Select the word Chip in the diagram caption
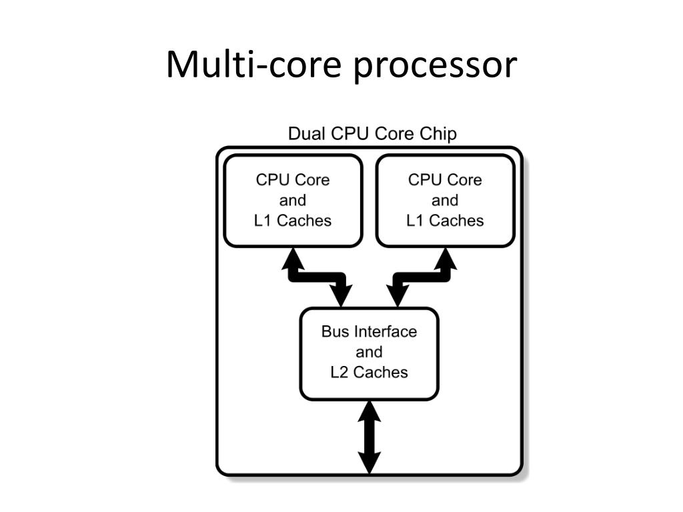[438, 135]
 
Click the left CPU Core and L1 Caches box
[292, 200]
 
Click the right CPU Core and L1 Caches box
[445, 200]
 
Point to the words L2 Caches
[369, 372]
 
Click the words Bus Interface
[369, 331]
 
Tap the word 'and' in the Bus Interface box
[369, 352]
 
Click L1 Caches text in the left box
[292, 221]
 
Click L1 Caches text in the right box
[445, 221]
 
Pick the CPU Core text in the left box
[292, 180]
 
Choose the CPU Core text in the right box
[445, 180]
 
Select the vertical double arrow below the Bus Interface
[369, 437]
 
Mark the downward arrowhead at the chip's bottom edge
[369, 463]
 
